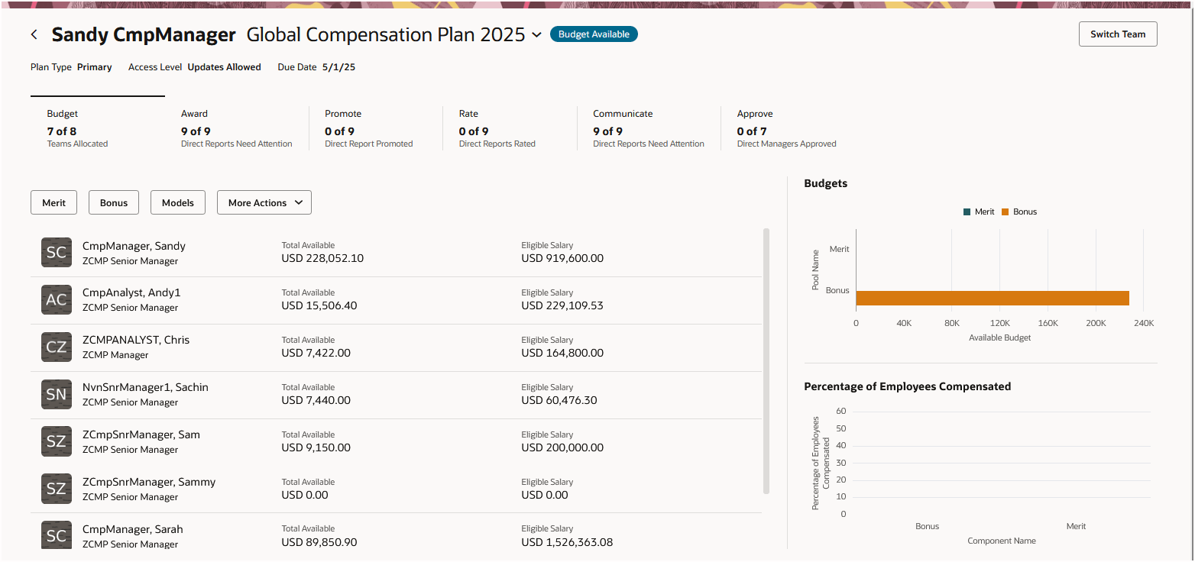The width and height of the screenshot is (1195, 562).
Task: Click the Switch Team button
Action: (1117, 34)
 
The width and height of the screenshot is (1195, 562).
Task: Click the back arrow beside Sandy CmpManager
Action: (34, 35)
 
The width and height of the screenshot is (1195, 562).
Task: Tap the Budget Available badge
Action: (594, 34)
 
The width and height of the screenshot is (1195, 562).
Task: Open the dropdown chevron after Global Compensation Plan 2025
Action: (536, 35)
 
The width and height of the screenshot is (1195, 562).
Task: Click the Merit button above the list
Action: (54, 203)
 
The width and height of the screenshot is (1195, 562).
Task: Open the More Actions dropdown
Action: (264, 203)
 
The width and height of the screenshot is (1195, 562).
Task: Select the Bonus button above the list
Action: (114, 203)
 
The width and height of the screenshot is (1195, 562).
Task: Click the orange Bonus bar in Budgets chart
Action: (992, 298)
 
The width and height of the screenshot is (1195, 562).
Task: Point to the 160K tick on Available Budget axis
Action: (1048, 323)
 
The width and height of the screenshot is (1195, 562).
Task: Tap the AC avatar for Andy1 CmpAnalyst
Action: (57, 300)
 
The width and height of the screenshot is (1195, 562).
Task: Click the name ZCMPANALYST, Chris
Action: (136, 340)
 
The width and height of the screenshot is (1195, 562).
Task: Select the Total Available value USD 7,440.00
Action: (316, 400)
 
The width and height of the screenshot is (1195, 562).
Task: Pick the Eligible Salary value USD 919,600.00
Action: (562, 258)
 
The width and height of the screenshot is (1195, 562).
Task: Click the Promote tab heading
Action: (343, 114)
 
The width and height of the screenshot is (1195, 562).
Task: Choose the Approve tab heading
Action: (755, 114)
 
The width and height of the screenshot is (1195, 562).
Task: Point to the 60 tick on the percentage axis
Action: (840, 411)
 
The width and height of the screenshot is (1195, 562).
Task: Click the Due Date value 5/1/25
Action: (338, 67)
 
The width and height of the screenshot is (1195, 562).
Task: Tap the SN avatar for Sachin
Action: (57, 395)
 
